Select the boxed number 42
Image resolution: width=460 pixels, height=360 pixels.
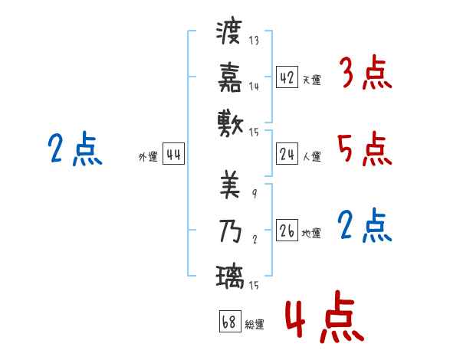coord(287,77)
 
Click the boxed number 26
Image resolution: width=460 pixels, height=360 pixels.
coord(287,231)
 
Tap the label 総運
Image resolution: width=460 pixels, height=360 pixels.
coord(255,324)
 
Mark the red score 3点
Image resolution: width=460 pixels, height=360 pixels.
coord(365,74)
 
